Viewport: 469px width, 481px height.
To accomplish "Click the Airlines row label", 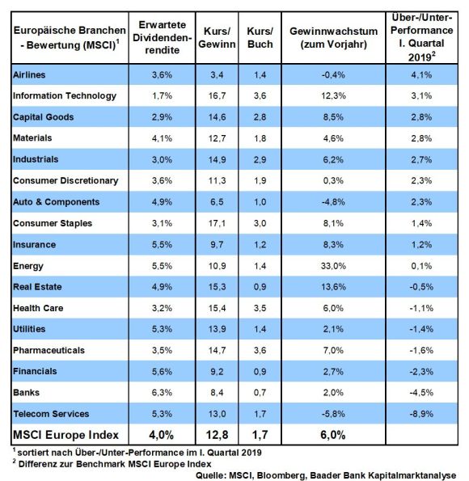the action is point(29,74).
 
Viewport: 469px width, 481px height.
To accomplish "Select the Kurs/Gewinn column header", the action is point(217,37).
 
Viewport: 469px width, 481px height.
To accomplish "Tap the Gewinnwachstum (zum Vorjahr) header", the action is point(333,37).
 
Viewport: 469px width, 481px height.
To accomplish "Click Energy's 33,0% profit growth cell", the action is point(333,266).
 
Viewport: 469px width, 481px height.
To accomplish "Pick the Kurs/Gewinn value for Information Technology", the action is point(217,95).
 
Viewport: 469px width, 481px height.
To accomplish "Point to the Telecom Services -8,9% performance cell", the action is point(421,414).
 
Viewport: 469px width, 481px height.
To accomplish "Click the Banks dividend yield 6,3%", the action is point(162,392).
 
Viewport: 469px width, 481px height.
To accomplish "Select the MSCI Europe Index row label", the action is point(65,435).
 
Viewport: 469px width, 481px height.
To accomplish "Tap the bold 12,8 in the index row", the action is point(217,435).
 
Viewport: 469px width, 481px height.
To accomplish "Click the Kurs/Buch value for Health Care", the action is point(260,308).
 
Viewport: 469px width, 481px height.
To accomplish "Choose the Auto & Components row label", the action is point(56,202).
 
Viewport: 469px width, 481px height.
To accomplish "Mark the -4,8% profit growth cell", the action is point(333,202).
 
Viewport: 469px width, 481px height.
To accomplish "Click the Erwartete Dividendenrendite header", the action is point(162,37).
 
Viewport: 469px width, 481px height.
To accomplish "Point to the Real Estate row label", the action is point(37,287).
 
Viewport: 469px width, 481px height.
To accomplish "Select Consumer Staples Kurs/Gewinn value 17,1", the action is point(217,223).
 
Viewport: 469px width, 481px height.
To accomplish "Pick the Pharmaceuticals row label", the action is point(49,350).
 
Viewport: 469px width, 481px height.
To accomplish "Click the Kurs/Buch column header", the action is point(260,37).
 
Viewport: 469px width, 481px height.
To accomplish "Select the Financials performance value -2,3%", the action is point(421,372).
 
